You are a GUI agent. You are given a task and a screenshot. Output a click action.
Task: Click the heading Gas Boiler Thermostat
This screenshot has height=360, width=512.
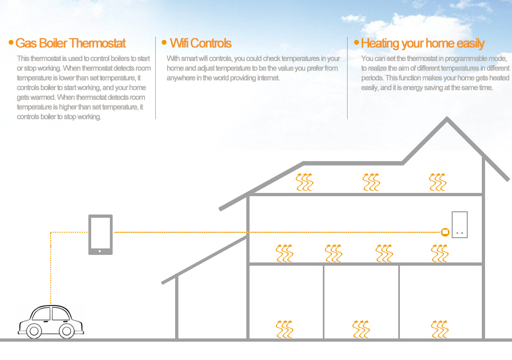tap(71, 43)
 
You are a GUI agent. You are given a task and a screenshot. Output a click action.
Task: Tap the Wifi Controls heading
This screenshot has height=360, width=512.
tap(200, 43)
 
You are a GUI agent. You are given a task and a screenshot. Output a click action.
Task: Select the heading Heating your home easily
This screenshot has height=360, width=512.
tap(423, 44)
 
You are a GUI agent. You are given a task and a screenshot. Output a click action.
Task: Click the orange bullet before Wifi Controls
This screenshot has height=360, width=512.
tap(164, 42)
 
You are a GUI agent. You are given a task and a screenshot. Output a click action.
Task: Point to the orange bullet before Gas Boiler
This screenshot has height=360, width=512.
tap(11, 43)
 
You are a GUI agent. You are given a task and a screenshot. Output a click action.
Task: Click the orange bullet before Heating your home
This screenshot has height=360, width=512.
tap(356, 42)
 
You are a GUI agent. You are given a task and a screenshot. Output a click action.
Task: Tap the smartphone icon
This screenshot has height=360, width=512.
tap(101, 234)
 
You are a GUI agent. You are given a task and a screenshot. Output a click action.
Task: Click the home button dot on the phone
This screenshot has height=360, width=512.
tap(100, 251)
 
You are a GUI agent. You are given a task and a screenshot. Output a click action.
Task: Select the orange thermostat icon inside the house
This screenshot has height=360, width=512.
tap(445, 232)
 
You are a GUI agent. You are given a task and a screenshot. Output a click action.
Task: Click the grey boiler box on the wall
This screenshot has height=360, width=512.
tap(459, 225)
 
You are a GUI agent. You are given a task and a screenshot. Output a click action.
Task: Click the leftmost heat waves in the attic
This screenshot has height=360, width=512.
tap(305, 182)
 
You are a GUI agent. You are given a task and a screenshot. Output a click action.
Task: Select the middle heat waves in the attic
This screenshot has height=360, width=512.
tap(371, 182)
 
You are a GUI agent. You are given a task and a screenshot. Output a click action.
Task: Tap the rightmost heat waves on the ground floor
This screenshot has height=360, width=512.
tap(439, 329)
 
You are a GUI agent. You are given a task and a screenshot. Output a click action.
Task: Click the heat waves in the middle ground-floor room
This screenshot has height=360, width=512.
tap(361, 329)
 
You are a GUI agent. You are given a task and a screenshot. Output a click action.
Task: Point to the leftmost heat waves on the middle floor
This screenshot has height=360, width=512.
tap(285, 253)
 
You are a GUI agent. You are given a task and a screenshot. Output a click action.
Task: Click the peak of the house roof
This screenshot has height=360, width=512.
tap(447, 117)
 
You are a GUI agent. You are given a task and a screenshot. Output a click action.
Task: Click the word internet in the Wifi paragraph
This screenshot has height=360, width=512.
tap(268, 78)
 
